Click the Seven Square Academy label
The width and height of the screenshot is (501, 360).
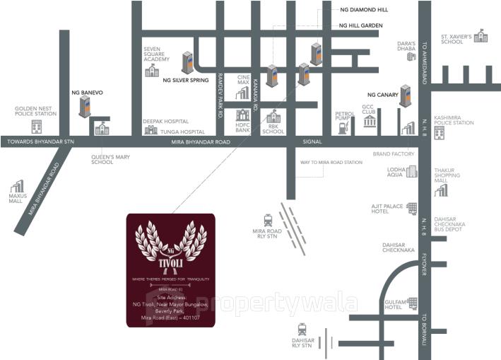[156, 55]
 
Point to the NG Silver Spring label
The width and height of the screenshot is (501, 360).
[186, 81]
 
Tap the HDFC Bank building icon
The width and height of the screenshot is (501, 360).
[243, 115]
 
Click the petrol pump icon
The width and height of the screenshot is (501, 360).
[343, 129]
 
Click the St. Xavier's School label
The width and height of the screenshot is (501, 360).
[452, 38]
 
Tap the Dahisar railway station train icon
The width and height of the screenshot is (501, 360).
[302, 329]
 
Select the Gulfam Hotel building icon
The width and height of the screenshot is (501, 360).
[412, 303]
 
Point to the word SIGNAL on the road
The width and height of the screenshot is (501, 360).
[312, 141]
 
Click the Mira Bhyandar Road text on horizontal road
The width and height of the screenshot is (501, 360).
[201, 141]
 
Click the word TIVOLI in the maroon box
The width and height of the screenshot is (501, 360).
[170, 258]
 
